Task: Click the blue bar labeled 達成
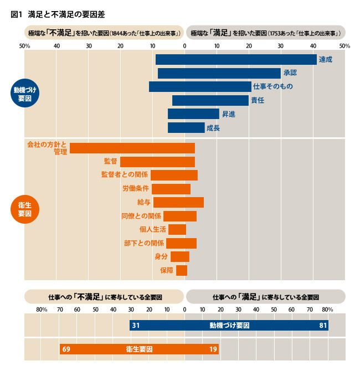[x=236, y=59]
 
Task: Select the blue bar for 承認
[x=219, y=73]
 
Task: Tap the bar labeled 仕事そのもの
[x=200, y=86]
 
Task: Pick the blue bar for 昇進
[x=193, y=114]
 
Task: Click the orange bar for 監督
[x=157, y=161]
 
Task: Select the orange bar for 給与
[x=178, y=202]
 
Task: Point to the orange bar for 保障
[x=182, y=270]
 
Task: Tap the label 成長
[x=213, y=127]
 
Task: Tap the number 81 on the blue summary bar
[x=323, y=325]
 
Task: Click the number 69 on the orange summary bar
[x=66, y=349]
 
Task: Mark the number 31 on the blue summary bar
[x=135, y=325]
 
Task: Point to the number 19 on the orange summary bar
[x=213, y=349]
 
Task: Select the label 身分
[x=161, y=256]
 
